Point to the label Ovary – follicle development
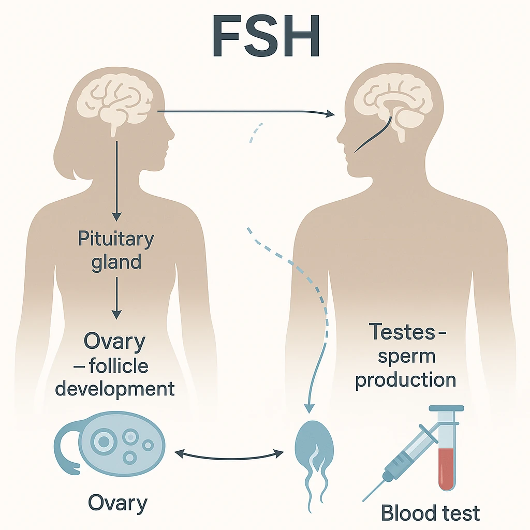(115, 365)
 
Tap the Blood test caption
(430, 512)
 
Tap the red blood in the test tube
(446, 468)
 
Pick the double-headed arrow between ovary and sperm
(229, 454)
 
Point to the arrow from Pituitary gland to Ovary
(116, 298)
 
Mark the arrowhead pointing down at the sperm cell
(308, 408)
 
